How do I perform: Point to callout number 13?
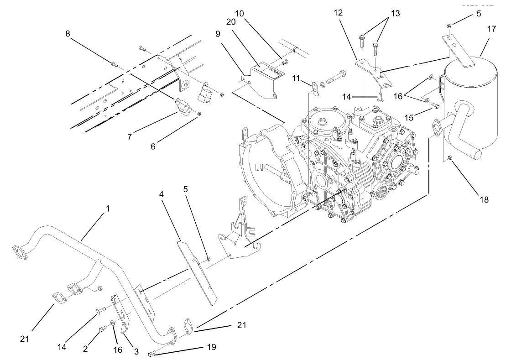(395, 13)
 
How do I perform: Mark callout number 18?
(484, 199)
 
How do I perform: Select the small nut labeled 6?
(200, 113)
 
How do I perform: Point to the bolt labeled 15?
(435, 106)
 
